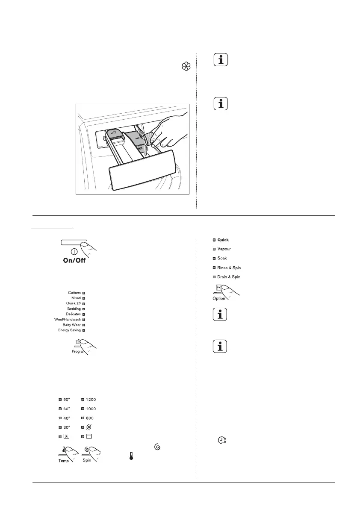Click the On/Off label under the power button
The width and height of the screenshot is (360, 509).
pyautogui.click(x=75, y=260)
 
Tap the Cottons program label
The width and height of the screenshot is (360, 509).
pyautogui.click(x=74, y=293)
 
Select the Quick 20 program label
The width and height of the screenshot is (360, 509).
pyautogui.click(x=73, y=303)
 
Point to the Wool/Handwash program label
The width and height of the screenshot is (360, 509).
pyautogui.click(x=69, y=319)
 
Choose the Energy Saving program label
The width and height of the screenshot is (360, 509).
pyautogui.click(x=69, y=330)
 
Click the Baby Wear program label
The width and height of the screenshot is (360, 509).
pyautogui.click(x=72, y=325)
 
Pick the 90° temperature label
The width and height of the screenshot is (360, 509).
pyautogui.click(x=66, y=400)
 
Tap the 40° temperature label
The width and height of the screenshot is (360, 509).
pyautogui.click(x=66, y=418)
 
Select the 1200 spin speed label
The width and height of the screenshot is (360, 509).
pyautogui.click(x=91, y=400)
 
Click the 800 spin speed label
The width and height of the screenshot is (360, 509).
pyautogui.click(x=90, y=418)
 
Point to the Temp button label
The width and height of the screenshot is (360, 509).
pyautogui.click(x=63, y=461)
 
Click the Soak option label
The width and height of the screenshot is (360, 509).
pyautogui.click(x=222, y=258)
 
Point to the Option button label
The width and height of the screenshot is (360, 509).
pyautogui.click(x=218, y=298)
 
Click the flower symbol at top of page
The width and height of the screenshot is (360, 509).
pyautogui.click(x=186, y=67)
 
